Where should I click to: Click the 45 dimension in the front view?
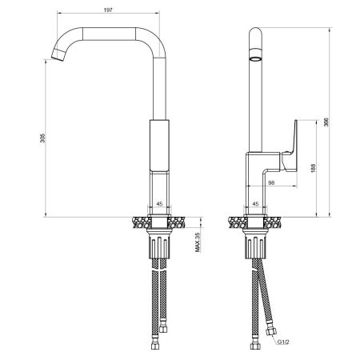coord(158,203)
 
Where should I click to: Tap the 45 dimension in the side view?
coord(255,203)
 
